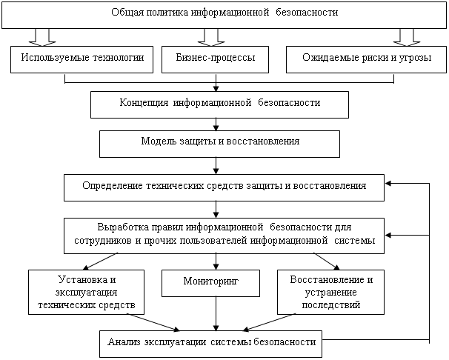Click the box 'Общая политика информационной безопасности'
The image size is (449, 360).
tap(224, 14)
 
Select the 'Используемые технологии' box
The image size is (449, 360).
tap(82, 59)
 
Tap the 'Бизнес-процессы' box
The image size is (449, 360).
tap(215, 59)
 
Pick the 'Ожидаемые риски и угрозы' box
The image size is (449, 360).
tap(366, 59)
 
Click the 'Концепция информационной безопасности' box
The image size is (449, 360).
tap(219, 104)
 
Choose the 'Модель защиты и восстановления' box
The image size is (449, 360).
tap(219, 144)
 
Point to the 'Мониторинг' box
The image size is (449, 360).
tap(210, 283)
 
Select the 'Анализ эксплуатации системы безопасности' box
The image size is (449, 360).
tap(210, 344)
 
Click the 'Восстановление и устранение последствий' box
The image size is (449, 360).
tap(330, 292)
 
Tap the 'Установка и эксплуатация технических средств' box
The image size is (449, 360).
tap(86, 292)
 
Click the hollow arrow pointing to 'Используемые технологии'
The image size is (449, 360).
tap(42, 37)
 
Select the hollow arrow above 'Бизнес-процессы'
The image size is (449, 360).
tap(211, 37)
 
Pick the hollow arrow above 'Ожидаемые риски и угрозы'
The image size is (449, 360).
tap(407, 37)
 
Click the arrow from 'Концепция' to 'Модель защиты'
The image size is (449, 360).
tap(216, 124)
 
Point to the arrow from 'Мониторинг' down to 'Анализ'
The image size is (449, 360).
tap(216, 313)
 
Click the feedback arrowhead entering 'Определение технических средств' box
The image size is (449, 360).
tap(388, 184)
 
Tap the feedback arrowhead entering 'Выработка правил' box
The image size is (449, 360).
tap(388, 236)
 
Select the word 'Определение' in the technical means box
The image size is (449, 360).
tap(113, 186)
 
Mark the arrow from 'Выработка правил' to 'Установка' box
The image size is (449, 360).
tap(100, 261)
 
